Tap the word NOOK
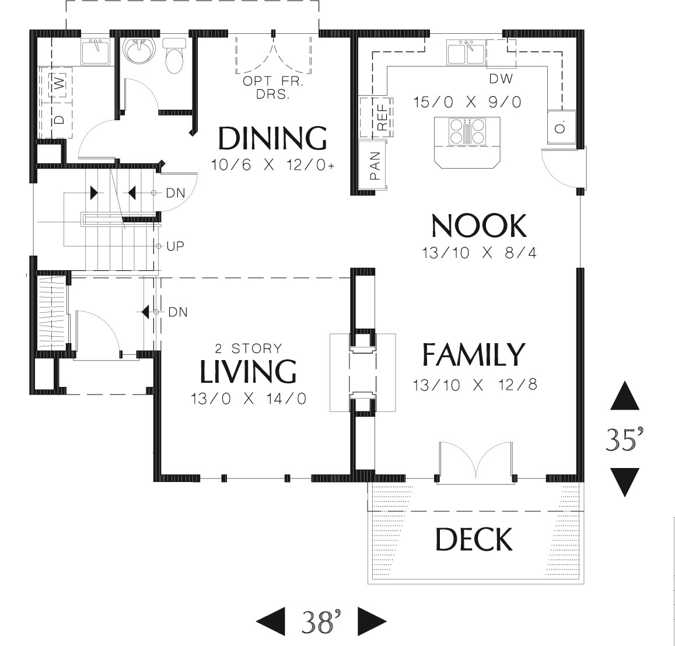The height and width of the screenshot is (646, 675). point(479,226)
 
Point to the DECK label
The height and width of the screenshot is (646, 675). point(474,539)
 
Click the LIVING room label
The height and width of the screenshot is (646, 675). point(248,371)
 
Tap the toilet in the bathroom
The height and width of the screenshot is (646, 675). point(174,56)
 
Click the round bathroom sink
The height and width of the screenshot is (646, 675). point(138,51)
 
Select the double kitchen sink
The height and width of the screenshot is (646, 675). point(466,53)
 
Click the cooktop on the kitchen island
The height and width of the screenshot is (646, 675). point(467,131)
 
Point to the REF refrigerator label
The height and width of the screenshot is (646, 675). point(382,118)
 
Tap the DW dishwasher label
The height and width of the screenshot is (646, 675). point(501,78)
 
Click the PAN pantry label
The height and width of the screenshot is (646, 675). point(375,166)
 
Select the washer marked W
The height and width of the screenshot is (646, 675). point(61,83)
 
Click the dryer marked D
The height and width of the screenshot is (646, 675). point(60,118)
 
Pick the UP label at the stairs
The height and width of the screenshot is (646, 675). point(175,246)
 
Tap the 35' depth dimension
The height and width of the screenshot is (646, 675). point(624,439)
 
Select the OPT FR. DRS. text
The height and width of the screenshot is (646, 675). point(273,88)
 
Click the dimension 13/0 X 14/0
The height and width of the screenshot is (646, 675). point(249,399)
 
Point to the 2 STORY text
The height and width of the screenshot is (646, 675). point(249,348)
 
